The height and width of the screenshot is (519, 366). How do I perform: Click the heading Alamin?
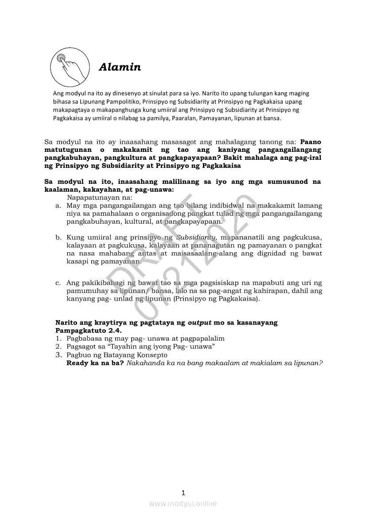point(120,67)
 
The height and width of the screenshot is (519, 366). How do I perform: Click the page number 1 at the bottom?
point(183,492)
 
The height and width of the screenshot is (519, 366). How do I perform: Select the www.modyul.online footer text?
point(183,503)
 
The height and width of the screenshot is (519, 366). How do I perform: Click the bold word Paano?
point(311,142)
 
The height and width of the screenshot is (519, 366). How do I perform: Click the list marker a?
point(58,206)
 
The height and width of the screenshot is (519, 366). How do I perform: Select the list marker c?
point(58,282)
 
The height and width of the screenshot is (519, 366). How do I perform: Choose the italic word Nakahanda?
point(144,363)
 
